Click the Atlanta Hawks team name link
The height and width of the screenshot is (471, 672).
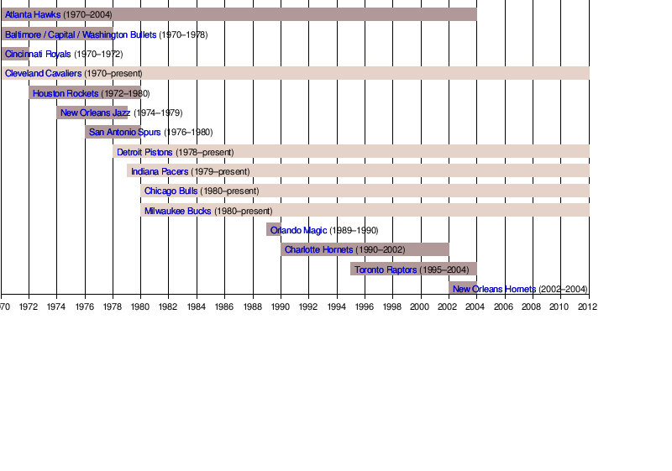click(x=33, y=14)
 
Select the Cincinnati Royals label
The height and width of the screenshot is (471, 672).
click(x=38, y=54)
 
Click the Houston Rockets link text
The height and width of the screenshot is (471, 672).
click(x=66, y=93)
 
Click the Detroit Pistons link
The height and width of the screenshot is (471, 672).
click(x=144, y=152)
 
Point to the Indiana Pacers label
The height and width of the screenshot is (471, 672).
click(x=160, y=171)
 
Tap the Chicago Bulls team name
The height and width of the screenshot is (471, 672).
click(x=171, y=191)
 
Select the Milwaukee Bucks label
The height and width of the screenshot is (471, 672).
click(x=177, y=211)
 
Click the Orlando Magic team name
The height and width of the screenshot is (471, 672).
click(x=298, y=230)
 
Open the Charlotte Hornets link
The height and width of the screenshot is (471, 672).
click(x=318, y=249)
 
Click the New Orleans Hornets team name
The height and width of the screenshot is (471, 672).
click(x=494, y=289)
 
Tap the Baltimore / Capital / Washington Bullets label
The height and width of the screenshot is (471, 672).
click(x=80, y=34)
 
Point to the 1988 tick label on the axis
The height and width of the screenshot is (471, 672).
click(x=252, y=307)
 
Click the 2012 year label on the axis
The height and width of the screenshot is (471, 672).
click(x=587, y=307)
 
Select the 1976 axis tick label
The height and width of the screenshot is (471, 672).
click(x=85, y=307)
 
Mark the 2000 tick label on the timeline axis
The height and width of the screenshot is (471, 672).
click(x=420, y=307)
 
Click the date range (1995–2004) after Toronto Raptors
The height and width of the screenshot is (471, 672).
click(x=445, y=270)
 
